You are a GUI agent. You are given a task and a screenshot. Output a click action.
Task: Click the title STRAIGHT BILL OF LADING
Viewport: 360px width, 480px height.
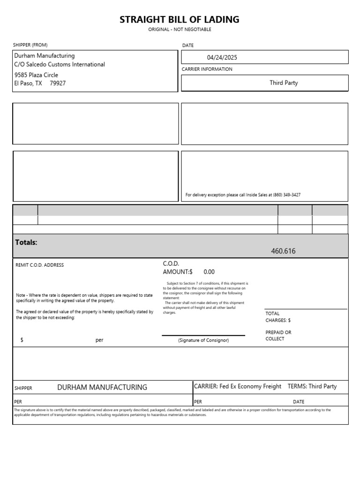[x=180, y=20]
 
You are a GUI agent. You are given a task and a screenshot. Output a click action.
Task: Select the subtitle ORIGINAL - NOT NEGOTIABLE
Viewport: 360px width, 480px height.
[x=180, y=30]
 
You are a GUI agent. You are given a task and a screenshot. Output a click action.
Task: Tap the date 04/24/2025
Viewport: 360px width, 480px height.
[x=222, y=58]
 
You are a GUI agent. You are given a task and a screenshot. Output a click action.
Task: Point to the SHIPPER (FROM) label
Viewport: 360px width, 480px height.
[x=30, y=45]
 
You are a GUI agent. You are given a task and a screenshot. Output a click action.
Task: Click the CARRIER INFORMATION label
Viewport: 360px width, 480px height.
[x=207, y=69]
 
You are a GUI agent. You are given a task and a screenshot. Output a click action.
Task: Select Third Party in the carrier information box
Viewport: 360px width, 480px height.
[x=284, y=83]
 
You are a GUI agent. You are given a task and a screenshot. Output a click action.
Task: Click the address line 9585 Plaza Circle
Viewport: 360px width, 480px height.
[x=36, y=75]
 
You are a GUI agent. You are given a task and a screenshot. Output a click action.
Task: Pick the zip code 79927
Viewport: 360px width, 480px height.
[x=58, y=83]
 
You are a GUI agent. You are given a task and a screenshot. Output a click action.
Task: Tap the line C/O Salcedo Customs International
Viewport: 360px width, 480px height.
[x=60, y=65]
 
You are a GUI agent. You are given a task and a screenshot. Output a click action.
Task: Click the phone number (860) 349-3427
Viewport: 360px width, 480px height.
[x=286, y=195]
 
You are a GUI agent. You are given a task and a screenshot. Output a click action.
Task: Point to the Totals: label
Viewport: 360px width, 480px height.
[x=26, y=242]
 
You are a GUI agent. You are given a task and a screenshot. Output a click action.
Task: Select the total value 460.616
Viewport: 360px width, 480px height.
[x=283, y=251]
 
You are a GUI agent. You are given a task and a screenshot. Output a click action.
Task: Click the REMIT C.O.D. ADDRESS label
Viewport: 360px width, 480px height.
[x=39, y=265]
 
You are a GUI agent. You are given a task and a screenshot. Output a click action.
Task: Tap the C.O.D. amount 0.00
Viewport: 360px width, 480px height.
[x=209, y=272]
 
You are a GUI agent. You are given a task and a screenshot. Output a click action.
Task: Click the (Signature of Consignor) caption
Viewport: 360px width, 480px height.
[x=203, y=340]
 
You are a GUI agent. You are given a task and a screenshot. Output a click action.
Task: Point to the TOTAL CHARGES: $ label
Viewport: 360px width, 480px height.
[x=278, y=317]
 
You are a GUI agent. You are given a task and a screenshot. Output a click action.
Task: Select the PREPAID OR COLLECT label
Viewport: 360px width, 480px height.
[x=278, y=336]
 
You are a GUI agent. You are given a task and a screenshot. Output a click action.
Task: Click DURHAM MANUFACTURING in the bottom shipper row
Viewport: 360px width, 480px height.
[x=102, y=387]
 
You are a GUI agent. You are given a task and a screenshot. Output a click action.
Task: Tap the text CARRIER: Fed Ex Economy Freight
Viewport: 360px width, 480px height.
[x=238, y=387]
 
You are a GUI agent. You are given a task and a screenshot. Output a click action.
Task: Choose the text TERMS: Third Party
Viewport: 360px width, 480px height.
[x=312, y=387]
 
